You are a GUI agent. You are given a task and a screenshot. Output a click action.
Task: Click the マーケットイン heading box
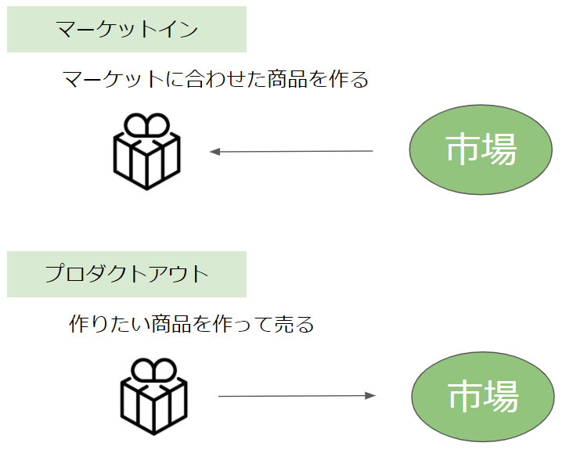pos(127,29)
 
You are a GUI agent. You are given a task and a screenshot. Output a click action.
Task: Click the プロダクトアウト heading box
pos(127,274)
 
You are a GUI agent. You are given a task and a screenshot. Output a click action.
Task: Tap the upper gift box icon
pos(146,151)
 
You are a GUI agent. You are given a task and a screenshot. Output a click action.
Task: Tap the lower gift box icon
pos(153,396)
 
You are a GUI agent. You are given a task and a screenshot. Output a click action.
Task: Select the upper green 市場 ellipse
pos(481,149)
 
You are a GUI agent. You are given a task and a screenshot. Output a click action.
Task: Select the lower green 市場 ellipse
pos(483,397)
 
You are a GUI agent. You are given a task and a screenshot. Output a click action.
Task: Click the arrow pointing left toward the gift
pos(291,151)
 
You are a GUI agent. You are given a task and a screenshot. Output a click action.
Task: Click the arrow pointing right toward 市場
pos(297,396)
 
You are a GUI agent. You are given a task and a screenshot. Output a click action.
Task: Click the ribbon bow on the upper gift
pos(146,124)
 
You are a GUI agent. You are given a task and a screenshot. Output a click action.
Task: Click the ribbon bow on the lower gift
pos(153,370)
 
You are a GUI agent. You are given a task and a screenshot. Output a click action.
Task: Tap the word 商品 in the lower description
pos(171,324)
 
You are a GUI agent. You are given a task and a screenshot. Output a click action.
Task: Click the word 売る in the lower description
pos(294,324)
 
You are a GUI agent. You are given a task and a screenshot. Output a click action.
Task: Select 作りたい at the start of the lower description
pos(110,324)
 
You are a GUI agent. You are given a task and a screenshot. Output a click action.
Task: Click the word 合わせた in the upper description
pos(225,79)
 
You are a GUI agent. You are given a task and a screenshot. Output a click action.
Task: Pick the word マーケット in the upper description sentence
pos(114,79)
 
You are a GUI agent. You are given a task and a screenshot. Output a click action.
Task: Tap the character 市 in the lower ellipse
pos(465,396)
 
